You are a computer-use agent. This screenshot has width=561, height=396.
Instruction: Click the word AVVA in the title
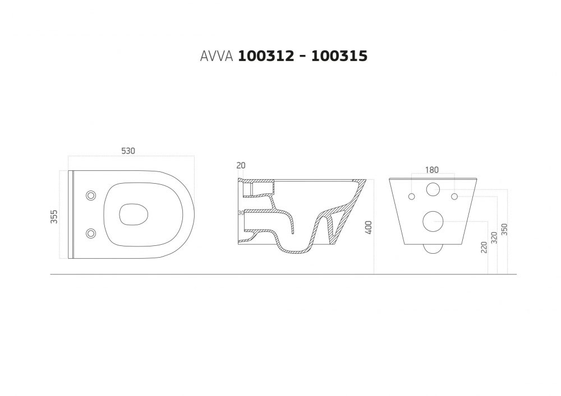tap(217, 56)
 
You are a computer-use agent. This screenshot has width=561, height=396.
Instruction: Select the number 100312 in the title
tap(266, 56)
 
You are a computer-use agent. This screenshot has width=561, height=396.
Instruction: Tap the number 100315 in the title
tap(339, 56)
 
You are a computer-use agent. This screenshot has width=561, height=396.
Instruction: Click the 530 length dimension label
tap(128, 151)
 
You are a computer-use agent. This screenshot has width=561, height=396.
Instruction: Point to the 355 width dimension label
tap(54, 217)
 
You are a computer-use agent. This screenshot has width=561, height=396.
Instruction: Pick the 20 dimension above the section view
tap(241, 166)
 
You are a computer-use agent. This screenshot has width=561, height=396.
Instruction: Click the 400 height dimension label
tap(369, 228)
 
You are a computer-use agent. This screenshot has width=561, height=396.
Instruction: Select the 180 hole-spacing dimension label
tap(432, 170)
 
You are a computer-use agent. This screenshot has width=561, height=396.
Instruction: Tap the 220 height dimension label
tap(484, 248)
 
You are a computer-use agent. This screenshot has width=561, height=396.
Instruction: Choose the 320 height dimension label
tap(494, 237)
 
